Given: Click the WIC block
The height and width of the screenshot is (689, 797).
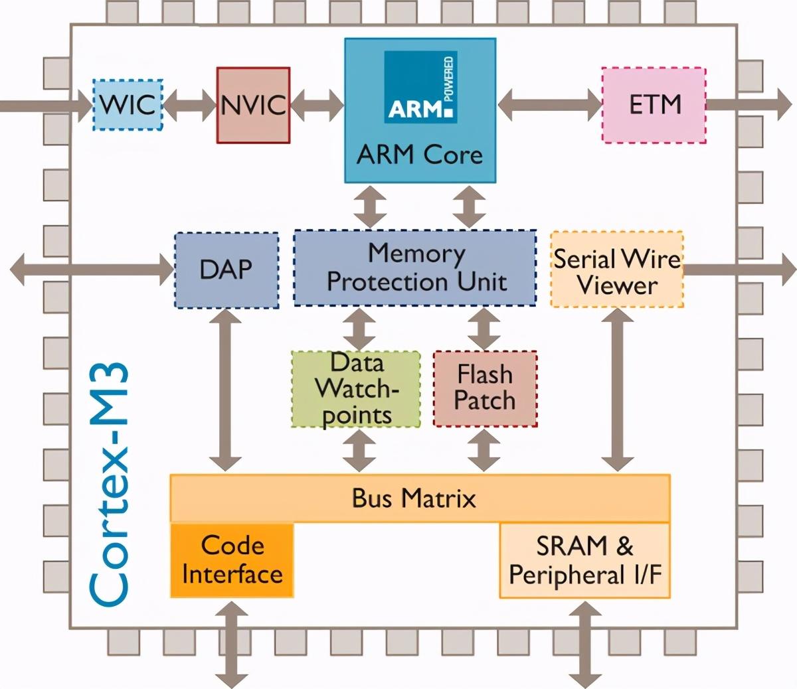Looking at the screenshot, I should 127,105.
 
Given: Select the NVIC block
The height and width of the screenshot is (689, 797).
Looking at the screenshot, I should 253,105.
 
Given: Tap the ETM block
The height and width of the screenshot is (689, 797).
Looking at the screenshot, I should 654,105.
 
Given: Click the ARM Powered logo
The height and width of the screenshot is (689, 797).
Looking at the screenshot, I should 420,87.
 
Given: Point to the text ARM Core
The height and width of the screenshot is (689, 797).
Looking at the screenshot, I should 420,155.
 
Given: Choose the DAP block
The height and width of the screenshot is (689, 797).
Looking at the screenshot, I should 226,270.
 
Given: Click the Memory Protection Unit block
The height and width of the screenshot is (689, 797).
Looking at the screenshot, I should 415,268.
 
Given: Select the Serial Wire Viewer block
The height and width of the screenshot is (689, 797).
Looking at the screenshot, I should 617,270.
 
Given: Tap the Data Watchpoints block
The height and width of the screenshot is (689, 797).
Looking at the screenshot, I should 357,389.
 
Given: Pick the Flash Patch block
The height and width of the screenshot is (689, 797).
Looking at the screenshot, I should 485,388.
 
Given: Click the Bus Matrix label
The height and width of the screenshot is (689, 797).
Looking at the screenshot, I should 414,498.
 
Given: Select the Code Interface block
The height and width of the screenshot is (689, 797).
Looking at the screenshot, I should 232,560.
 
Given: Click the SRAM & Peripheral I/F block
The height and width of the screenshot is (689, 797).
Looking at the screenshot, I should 584,560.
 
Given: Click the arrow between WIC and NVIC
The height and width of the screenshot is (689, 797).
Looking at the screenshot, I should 190,105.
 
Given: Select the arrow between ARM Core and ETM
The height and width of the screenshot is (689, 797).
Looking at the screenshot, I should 549,105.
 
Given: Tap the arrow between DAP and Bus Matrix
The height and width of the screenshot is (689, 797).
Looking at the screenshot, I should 226,391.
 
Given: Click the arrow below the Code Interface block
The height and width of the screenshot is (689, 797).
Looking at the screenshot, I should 232,644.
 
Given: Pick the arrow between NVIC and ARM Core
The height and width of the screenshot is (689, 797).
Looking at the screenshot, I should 317,105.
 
